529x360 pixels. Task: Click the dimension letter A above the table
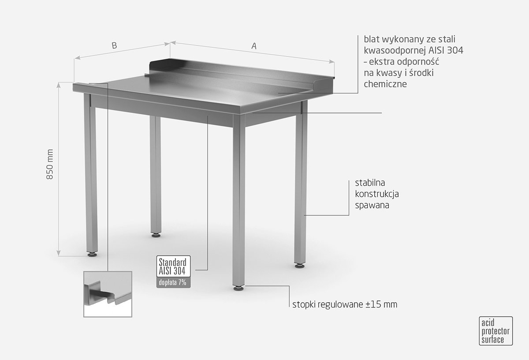254,46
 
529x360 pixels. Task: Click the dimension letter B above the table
114,45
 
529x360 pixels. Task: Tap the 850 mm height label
50,164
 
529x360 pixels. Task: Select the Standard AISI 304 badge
173,266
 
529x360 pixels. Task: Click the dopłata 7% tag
173,282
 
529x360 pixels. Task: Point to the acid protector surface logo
495,331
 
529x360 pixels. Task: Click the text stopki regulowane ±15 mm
345,304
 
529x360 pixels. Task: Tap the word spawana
372,206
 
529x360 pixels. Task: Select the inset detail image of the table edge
108,294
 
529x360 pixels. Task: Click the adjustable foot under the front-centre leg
238,288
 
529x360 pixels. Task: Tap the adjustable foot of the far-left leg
92,255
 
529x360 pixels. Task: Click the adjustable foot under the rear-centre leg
156,235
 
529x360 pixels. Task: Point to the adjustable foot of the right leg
299,266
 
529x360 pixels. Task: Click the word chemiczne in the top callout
385,84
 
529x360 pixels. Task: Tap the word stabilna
370,183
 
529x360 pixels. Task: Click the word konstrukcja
377,194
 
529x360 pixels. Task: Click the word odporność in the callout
418,62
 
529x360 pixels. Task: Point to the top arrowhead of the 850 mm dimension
59,84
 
